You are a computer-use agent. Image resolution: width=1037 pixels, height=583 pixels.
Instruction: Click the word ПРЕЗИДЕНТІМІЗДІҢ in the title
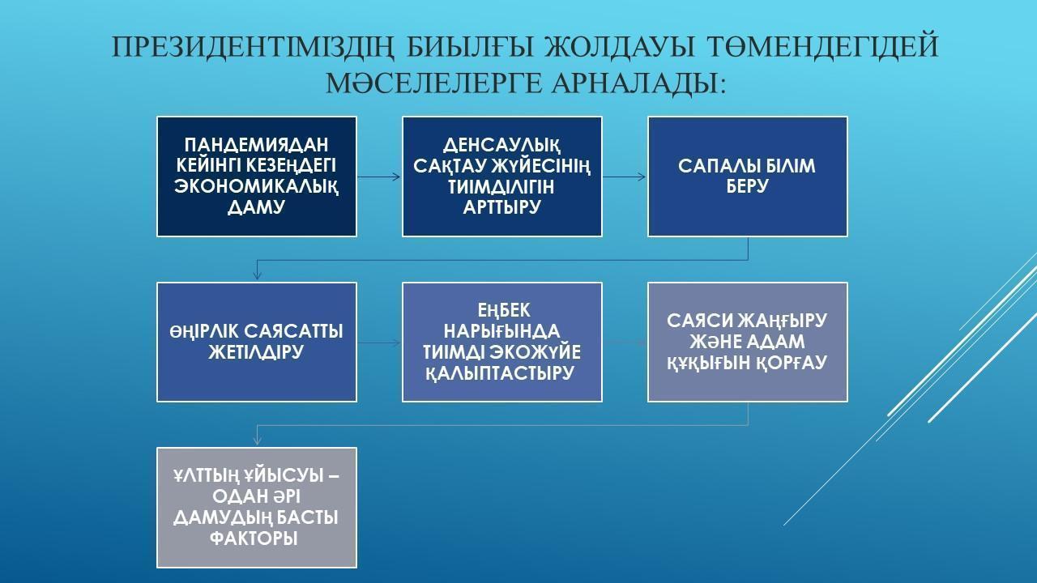[x=254, y=46]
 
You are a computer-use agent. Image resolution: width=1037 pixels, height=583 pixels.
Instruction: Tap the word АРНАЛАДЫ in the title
[x=639, y=83]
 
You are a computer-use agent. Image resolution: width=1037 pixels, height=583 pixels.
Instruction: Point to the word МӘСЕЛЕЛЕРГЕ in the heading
[x=433, y=83]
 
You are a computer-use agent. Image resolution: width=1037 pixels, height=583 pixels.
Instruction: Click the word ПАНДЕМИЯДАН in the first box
[x=257, y=145]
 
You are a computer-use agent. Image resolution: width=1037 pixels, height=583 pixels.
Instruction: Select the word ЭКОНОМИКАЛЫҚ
[x=257, y=187]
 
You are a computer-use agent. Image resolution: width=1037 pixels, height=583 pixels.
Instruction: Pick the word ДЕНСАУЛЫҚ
[x=501, y=146]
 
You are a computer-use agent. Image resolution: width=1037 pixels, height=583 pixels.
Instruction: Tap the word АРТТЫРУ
[x=501, y=207]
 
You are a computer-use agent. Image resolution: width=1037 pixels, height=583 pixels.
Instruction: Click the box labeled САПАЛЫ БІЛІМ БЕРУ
[x=748, y=177]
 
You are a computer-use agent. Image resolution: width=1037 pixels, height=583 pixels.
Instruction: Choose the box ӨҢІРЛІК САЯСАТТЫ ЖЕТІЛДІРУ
[x=257, y=342]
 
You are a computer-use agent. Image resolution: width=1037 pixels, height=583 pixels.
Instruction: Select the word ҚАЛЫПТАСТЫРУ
[x=501, y=373]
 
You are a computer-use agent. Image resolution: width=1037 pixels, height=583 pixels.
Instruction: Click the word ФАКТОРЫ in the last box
[x=254, y=538]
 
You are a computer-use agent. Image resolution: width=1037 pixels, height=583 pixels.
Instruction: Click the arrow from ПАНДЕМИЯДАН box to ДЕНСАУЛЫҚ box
[x=378, y=177]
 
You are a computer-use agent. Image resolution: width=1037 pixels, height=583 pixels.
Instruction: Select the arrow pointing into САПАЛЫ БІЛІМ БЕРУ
[x=624, y=177]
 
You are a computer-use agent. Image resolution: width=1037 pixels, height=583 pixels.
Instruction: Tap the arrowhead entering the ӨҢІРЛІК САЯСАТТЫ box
[x=258, y=276]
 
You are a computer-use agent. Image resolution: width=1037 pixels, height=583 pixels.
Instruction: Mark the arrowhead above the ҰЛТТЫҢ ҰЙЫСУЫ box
[x=258, y=441]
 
